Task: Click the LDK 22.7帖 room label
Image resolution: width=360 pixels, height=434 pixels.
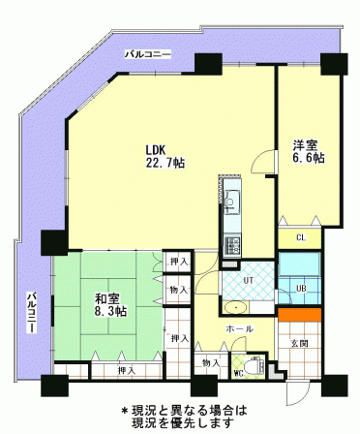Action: click(165, 156)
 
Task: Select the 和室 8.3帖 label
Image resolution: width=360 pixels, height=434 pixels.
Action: click(110, 305)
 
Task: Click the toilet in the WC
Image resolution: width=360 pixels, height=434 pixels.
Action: click(255, 366)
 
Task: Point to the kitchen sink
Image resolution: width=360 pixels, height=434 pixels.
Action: click(232, 202)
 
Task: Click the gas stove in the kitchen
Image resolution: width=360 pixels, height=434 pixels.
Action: click(232, 245)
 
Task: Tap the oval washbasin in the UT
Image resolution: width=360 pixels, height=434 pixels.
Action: click(236, 307)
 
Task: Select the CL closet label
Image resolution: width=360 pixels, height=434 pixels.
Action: click(301, 238)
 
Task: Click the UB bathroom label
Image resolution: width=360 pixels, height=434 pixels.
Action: click(302, 289)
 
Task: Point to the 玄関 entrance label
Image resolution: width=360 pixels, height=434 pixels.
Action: click(300, 343)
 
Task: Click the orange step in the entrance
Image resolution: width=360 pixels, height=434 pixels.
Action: click(300, 315)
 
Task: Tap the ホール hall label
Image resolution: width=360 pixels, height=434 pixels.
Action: click(239, 329)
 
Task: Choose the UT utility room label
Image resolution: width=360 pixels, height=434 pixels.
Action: click(248, 280)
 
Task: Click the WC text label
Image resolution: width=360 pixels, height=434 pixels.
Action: click(238, 374)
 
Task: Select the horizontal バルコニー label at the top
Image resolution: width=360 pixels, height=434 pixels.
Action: click(148, 54)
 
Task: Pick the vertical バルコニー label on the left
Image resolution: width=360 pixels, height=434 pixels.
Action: click(31, 312)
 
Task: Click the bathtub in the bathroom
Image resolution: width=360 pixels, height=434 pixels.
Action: click(299, 264)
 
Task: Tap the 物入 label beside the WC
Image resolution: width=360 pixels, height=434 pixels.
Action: click(211, 363)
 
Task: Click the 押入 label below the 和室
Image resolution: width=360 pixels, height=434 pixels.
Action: click(127, 371)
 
